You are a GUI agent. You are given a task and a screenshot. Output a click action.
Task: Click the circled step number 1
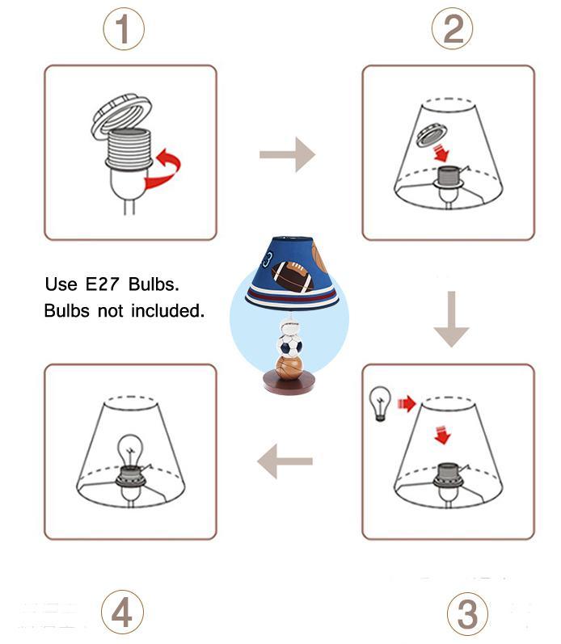coord(123,30)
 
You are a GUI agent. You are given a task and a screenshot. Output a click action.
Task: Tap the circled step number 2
coord(453,30)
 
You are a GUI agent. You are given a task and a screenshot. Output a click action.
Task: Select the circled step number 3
coord(467,612)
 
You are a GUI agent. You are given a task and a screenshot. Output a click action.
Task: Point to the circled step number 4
coord(122,612)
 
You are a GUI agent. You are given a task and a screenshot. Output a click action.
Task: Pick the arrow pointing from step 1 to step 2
coord(287,154)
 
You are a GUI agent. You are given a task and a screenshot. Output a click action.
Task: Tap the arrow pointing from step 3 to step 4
coord(284,462)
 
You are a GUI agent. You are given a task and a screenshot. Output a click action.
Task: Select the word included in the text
coord(167,311)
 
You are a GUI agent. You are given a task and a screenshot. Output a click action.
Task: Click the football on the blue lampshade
coord(291,276)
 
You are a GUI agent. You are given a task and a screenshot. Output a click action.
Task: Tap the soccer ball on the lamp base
coord(289,347)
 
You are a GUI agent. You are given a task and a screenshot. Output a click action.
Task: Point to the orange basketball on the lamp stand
coord(289,368)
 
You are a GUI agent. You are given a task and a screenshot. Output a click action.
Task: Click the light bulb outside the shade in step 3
coord(381,401)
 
